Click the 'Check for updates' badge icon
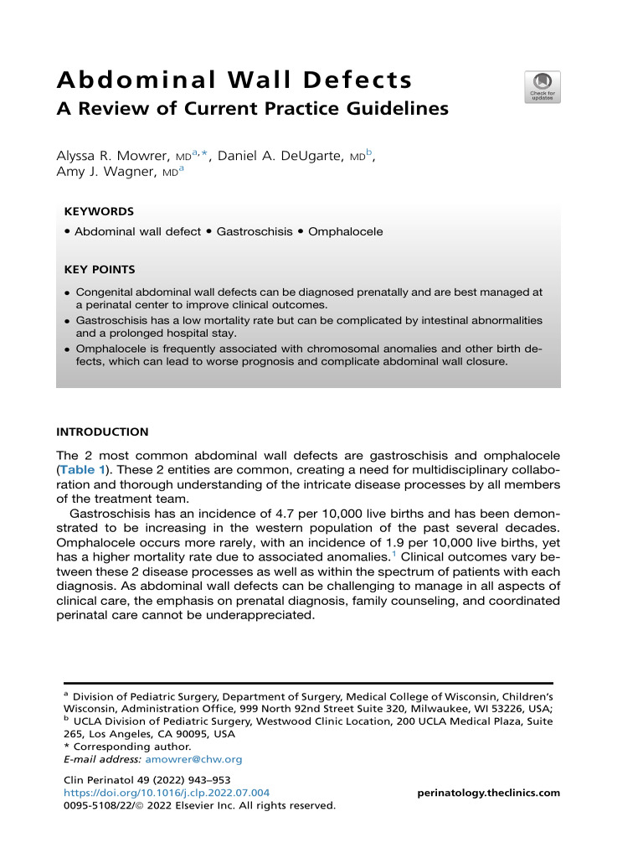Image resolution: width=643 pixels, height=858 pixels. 543,87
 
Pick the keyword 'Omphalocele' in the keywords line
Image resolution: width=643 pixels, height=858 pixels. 345,231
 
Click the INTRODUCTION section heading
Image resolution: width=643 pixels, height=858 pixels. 102,432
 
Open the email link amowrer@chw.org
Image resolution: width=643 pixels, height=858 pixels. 193,759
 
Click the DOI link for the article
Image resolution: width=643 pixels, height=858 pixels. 167,793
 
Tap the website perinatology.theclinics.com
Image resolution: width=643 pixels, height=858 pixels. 488,793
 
